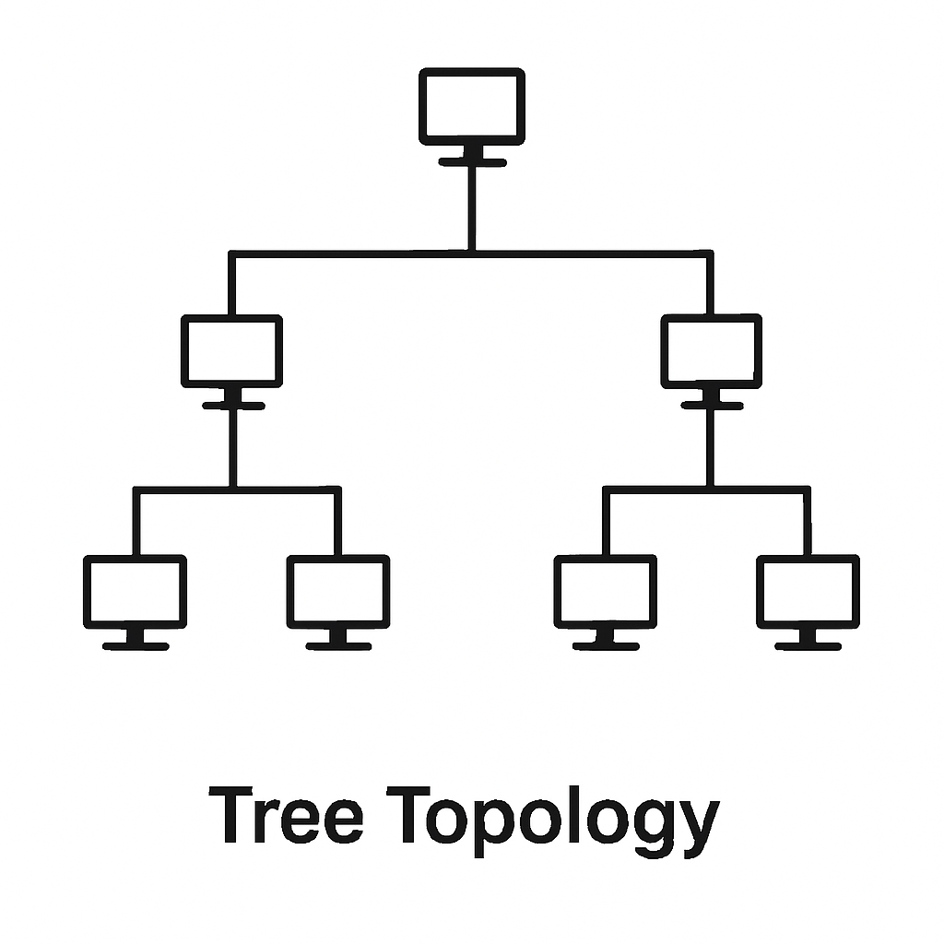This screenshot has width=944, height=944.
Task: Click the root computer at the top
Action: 472,106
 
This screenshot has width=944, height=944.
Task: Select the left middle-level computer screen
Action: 231,350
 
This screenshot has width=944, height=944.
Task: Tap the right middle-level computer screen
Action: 711,350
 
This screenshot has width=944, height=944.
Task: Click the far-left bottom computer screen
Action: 135,591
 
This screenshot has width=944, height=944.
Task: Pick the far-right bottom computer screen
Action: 808,591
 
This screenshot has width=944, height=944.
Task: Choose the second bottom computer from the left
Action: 337,591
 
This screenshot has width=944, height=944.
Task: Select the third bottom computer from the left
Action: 605,591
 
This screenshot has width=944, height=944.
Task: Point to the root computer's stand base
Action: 472,162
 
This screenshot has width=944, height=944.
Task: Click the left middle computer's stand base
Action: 233,406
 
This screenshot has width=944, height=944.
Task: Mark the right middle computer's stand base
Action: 712,406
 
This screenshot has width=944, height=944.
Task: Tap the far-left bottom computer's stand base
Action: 136,646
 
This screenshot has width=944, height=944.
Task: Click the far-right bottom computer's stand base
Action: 808,646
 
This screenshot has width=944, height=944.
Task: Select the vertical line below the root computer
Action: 472,207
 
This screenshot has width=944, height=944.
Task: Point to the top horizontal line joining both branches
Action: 350,253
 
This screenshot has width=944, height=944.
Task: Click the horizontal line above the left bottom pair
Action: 184,490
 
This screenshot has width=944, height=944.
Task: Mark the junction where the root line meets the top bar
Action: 472,253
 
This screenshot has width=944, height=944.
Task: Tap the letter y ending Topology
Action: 699,825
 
